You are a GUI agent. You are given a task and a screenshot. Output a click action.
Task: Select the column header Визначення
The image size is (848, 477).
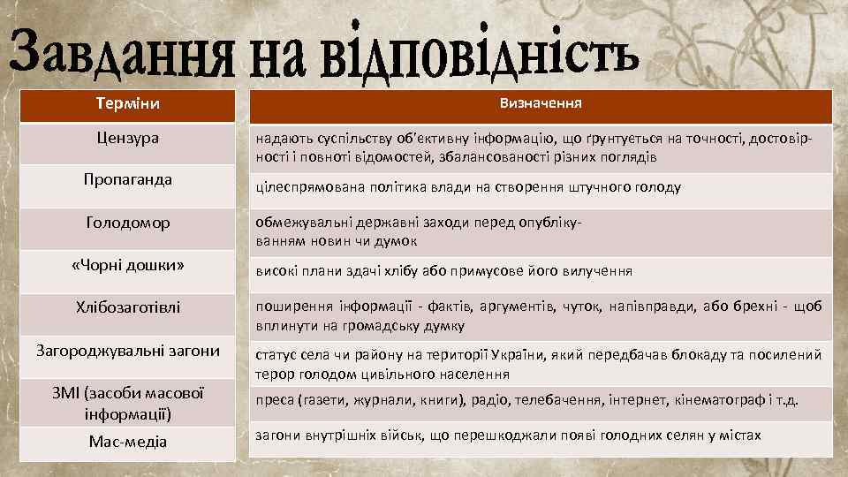pyautogui.click(x=540, y=103)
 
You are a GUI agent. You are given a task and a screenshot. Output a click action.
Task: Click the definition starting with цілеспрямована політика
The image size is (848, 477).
pyautogui.click(x=468, y=187)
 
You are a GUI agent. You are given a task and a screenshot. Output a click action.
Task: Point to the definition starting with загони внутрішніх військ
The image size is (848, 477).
pyautogui.click(x=508, y=435)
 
